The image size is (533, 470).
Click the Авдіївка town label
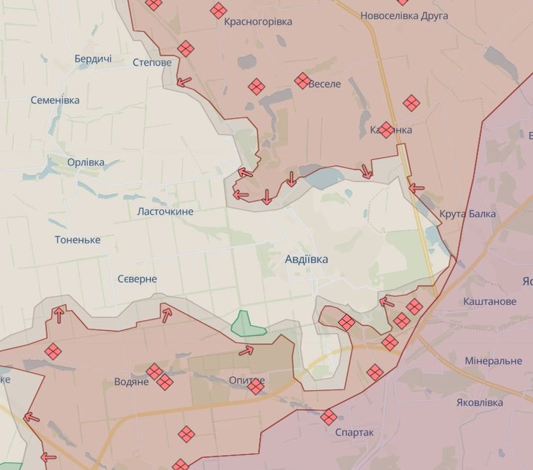click(x=306, y=259)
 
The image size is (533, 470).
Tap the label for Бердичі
click(x=93, y=59)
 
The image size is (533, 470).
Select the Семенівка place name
click(x=55, y=100)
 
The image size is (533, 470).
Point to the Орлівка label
click(x=86, y=162)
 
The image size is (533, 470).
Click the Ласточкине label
click(x=165, y=211)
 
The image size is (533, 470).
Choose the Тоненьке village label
click(x=77, y=239)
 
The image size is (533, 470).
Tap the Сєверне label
click(x=137, y=278)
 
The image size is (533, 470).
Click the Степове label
click(x=152, y=62)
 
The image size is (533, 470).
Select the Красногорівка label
click(x=258, y=22)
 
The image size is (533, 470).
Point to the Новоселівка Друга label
click(x=403, y=15)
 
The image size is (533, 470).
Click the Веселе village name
click(x=325, y=84)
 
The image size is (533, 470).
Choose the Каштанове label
click(x=490, y=301)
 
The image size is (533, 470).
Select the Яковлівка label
click(x=480, y=402)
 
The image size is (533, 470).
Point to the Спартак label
click(x=354, y=432)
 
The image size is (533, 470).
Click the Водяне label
click(x=131, y=381)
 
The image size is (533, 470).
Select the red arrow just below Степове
click(x=184, y=81)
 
